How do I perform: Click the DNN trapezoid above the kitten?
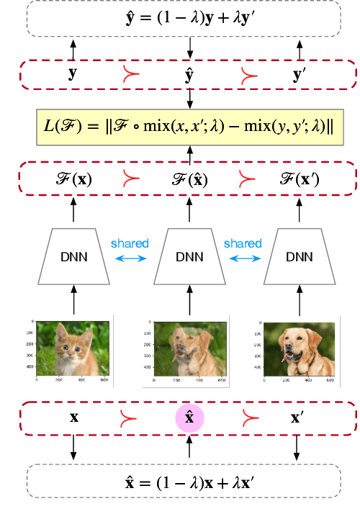pos(73,257)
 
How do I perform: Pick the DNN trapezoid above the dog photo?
pos(300,257)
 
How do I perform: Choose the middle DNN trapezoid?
pos(189,257)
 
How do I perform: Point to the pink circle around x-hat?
pos(190,418)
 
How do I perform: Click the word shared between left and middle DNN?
pos(130,243)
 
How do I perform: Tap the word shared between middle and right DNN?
pos(243,243)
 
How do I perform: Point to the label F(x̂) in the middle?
pos(190,179)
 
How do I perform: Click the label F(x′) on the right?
pos(300,179)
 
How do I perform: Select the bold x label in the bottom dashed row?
pos(73,418)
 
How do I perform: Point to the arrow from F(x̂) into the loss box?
pos(190,154)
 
